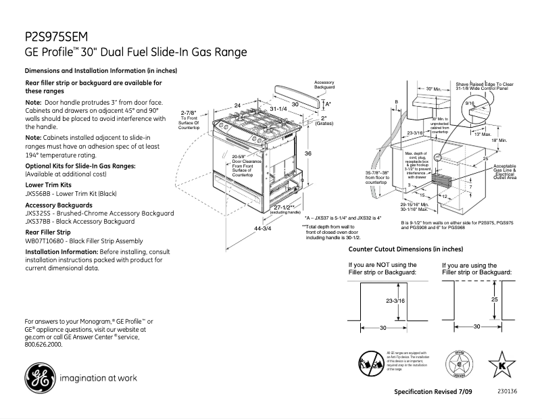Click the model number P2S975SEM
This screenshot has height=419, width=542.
pos(48,37)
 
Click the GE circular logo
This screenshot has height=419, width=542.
pos(38,378)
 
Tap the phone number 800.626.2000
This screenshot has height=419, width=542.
pos(43,344)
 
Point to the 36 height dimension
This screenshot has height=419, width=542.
pos(308,154)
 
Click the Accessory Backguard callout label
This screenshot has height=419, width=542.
pos(324,85)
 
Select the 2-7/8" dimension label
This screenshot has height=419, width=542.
pos(189,112)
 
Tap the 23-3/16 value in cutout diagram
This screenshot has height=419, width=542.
pos(395,301)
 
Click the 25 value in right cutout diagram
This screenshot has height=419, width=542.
pos(494,298)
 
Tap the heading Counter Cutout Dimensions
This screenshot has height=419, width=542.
pos(399,249)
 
